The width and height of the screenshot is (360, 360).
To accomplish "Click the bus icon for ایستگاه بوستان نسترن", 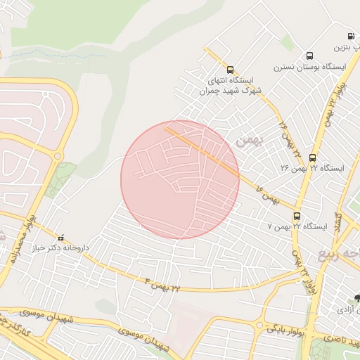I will coord(309,56).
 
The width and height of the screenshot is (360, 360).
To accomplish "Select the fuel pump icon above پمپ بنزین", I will coord(350,36).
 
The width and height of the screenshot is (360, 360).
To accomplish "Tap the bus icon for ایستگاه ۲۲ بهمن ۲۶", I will coord(312,157).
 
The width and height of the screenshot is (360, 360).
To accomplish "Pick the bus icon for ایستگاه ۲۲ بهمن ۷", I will coord(297,216).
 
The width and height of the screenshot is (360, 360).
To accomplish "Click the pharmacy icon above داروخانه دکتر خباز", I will coord(60,237).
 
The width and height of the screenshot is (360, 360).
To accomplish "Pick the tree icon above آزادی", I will coord(357,299).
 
